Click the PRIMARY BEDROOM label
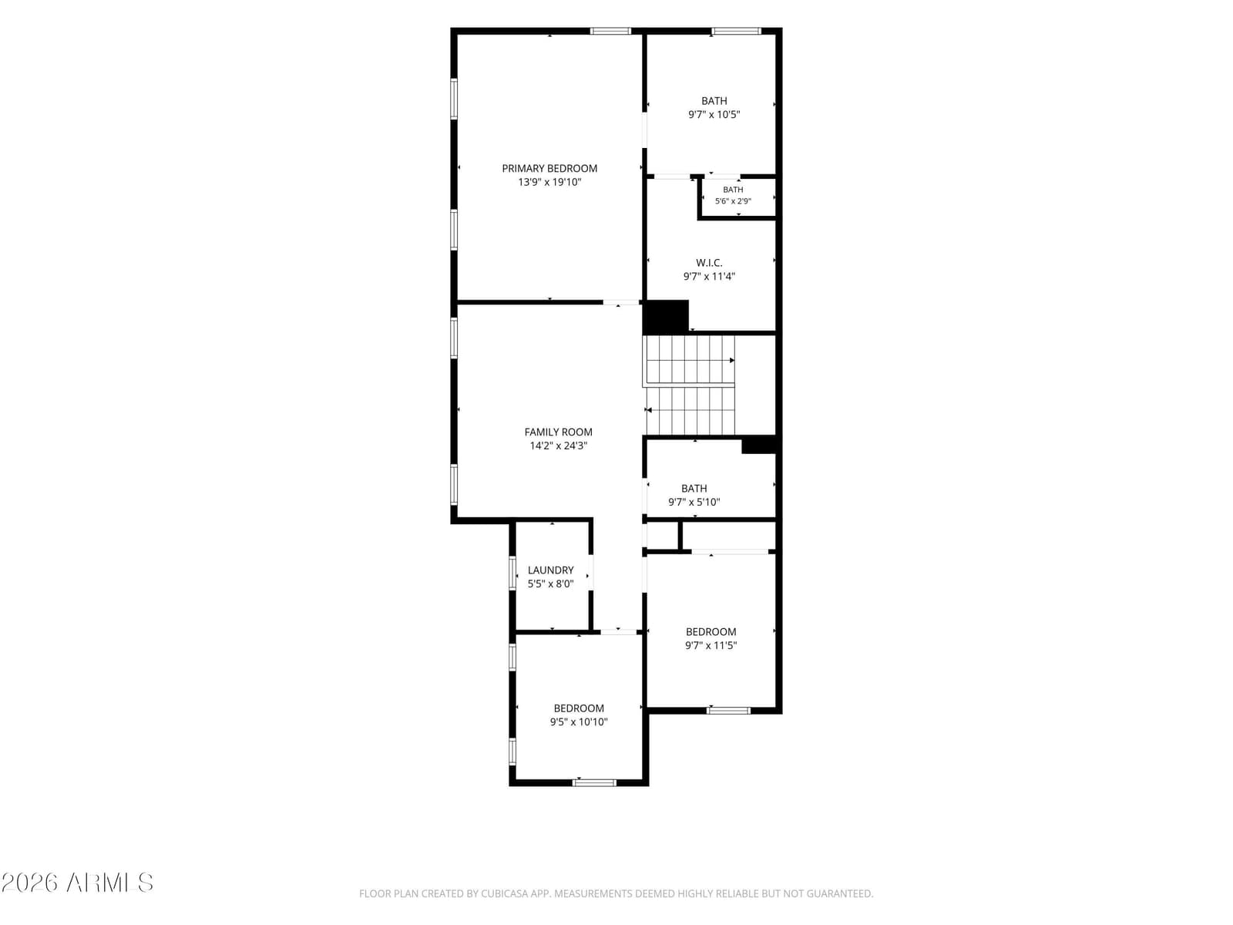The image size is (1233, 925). pos(549,169)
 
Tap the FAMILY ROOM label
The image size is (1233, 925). pos(558,432)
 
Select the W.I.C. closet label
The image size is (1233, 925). pos(709,263)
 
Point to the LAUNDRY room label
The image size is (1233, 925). pos(550,570)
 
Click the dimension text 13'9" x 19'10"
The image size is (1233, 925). pos(549,182)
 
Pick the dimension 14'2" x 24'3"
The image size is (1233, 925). pos(559,446)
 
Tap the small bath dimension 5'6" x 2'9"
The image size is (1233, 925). pos(733,201)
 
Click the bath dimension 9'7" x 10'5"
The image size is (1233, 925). pos(714,115)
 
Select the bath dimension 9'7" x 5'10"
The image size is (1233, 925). pos(694,502)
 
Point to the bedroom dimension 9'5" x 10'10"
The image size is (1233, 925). pos(579,722)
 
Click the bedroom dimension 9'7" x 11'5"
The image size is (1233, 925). pos(711,645)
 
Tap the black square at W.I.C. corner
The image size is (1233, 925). pos(666,317)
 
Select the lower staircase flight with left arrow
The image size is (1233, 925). pos(690,411)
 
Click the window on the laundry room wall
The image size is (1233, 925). pos(512,573)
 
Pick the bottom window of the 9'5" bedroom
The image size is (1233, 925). pos(594,782)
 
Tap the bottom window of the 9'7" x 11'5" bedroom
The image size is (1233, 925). pos(728,711)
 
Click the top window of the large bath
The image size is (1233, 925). pos(736,31)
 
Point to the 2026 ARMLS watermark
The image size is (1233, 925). pos(77,883)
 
